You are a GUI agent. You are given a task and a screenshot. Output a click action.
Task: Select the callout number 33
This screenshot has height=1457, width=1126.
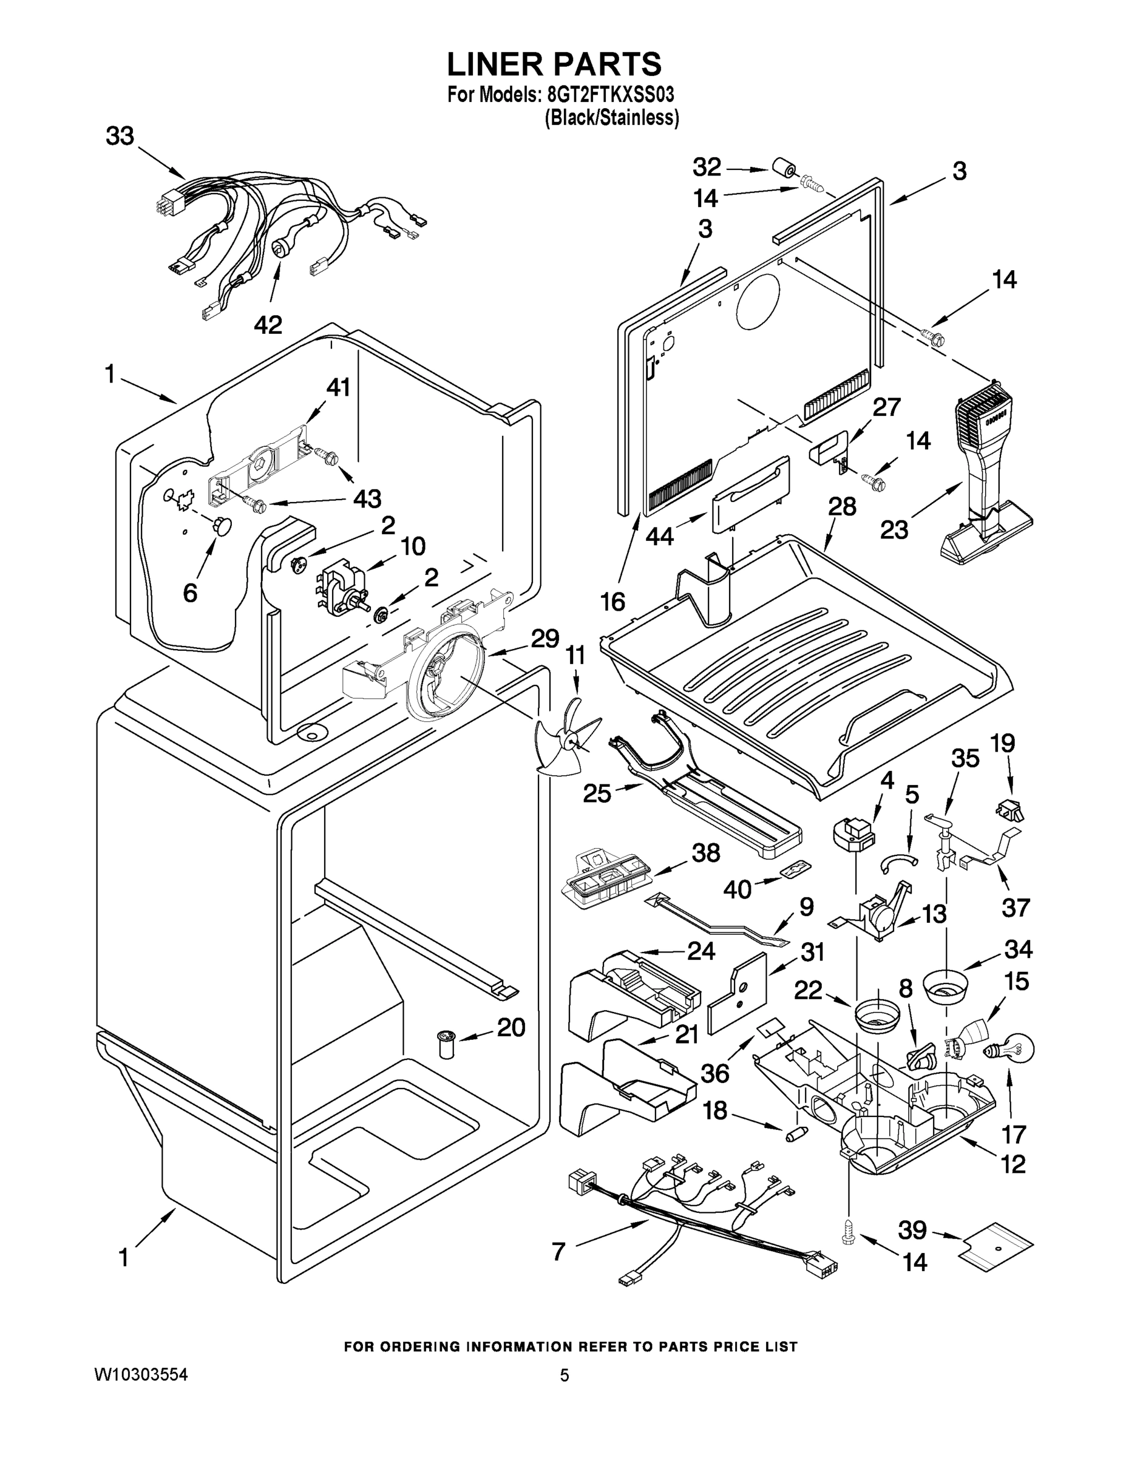click(120, 137)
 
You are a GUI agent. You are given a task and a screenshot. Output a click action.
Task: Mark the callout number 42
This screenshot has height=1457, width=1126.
click(268, 325)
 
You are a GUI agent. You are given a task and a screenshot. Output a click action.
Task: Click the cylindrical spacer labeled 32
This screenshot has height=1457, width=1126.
click(782, 168)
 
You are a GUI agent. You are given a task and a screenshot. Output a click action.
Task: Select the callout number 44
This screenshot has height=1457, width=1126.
click(659, 537)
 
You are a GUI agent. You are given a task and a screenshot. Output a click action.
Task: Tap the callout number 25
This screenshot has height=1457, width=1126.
click(597, 793)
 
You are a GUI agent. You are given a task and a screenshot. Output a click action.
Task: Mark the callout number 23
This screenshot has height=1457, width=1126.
click(894, 530)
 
